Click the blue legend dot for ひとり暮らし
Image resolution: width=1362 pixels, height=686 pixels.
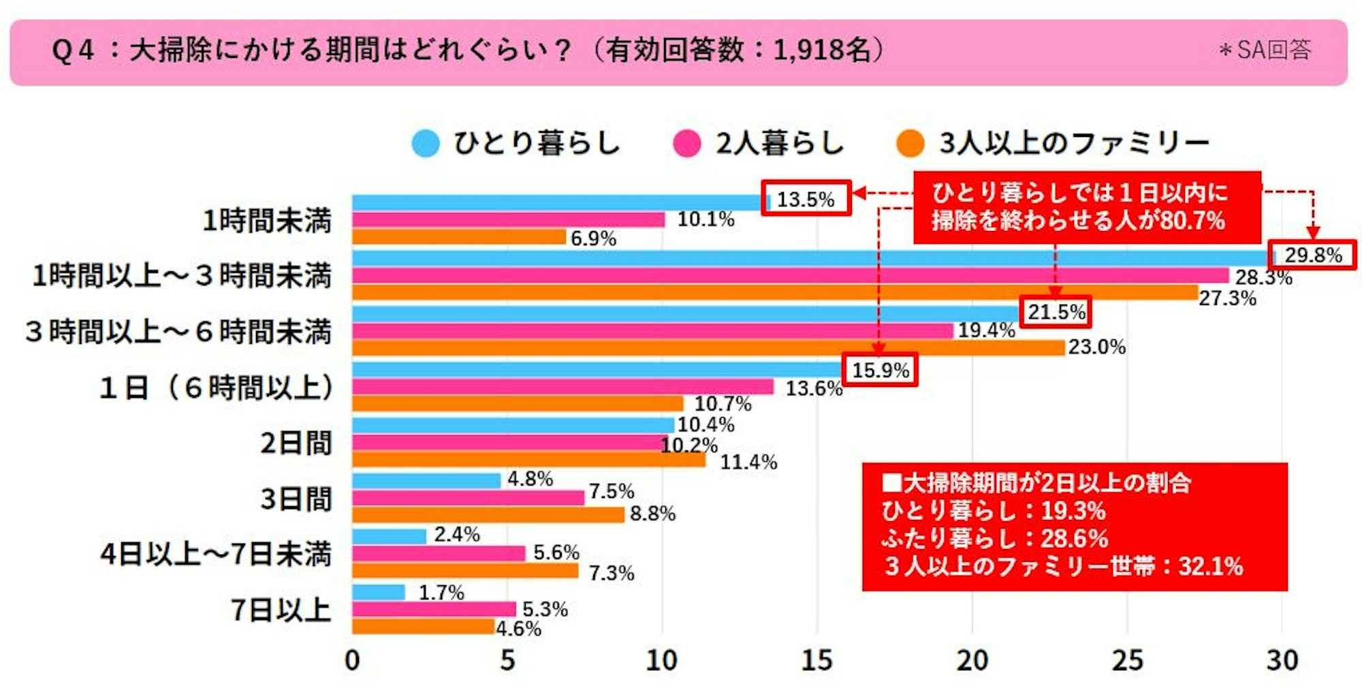(426, 144)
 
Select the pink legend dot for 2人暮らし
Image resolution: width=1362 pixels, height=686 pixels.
(686, 144)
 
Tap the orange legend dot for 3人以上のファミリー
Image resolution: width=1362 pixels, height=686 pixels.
(910, 144)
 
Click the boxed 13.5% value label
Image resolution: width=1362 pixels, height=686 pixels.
(806, 198)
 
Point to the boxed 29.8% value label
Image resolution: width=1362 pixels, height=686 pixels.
(1312, 255)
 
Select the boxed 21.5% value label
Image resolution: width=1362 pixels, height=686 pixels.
(1056, 312)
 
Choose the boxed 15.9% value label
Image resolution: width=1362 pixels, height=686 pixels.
(880, 370)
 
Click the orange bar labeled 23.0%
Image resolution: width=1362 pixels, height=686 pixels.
(708, 348)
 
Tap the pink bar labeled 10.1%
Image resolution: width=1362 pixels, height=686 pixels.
(508, 219)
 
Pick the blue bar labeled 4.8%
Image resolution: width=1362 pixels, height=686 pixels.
(426, 480)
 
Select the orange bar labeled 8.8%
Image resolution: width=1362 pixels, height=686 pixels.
(488, 515)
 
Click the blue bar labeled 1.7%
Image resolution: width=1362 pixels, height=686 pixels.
(379, 592)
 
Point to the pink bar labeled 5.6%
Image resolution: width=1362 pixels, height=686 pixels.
(439, 553)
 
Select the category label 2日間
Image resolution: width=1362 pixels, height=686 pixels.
(296, 443)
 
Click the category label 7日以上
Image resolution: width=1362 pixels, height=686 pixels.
(281, 610)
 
